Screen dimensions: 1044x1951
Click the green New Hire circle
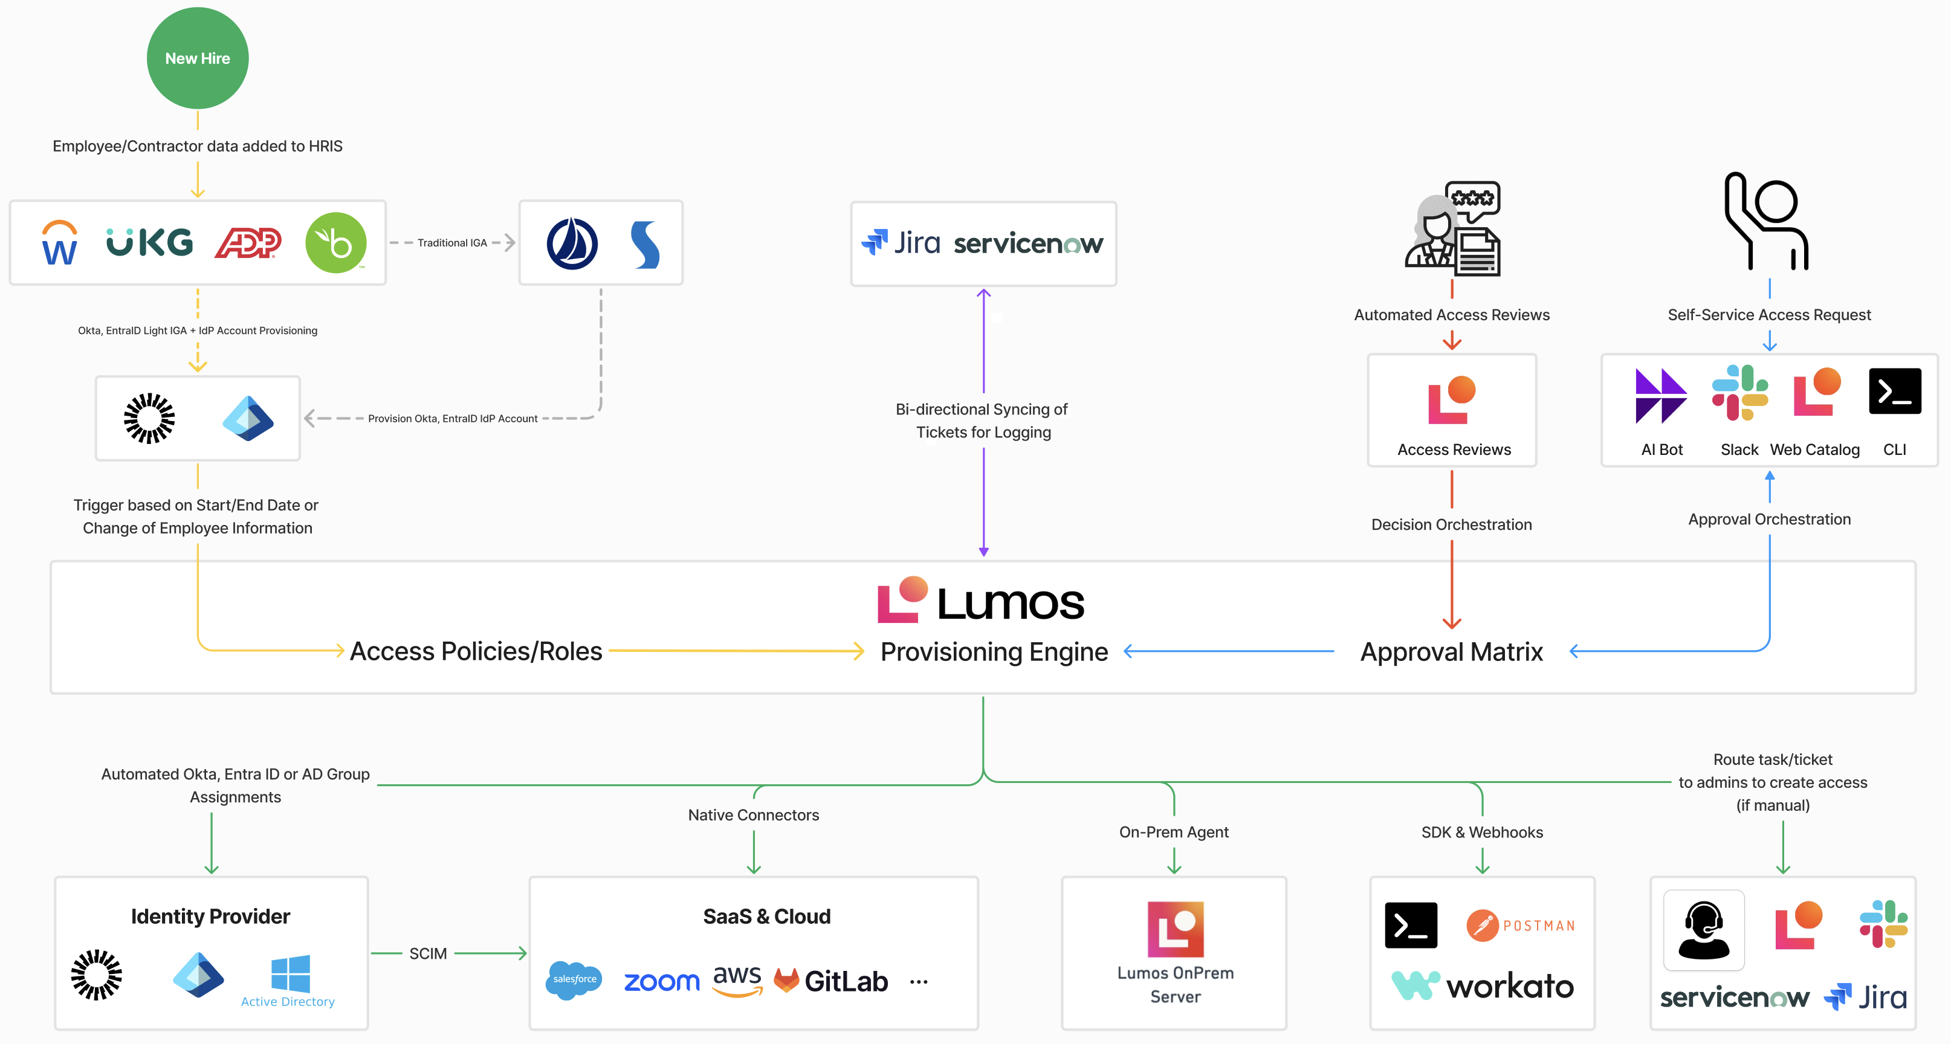[198, 58]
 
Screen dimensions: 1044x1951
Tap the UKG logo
[149, 242]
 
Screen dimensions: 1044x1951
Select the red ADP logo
[248, 243]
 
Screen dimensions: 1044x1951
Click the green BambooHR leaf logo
[335, 242]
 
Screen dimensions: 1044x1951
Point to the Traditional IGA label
[452, 243]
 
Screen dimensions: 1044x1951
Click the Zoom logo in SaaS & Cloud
[661, 982]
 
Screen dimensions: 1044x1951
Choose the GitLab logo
[831, 981]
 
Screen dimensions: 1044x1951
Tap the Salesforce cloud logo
[574, 979]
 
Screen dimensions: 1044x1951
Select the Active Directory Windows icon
[290, 973]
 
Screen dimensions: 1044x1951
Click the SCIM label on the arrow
[428, 954]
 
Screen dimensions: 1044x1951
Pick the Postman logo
[1521, 925]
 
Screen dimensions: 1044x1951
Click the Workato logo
[1483, 986]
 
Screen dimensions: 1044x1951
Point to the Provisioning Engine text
[994, 652]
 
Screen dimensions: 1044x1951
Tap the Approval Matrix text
[1451, 652]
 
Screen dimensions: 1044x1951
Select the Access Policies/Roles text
[476, 651]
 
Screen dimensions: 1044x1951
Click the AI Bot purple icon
[1661, 395]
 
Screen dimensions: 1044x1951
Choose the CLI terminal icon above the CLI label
[1895, 391]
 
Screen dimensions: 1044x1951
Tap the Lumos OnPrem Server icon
[1176, 929]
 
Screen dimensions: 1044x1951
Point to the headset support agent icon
[1704, 930]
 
